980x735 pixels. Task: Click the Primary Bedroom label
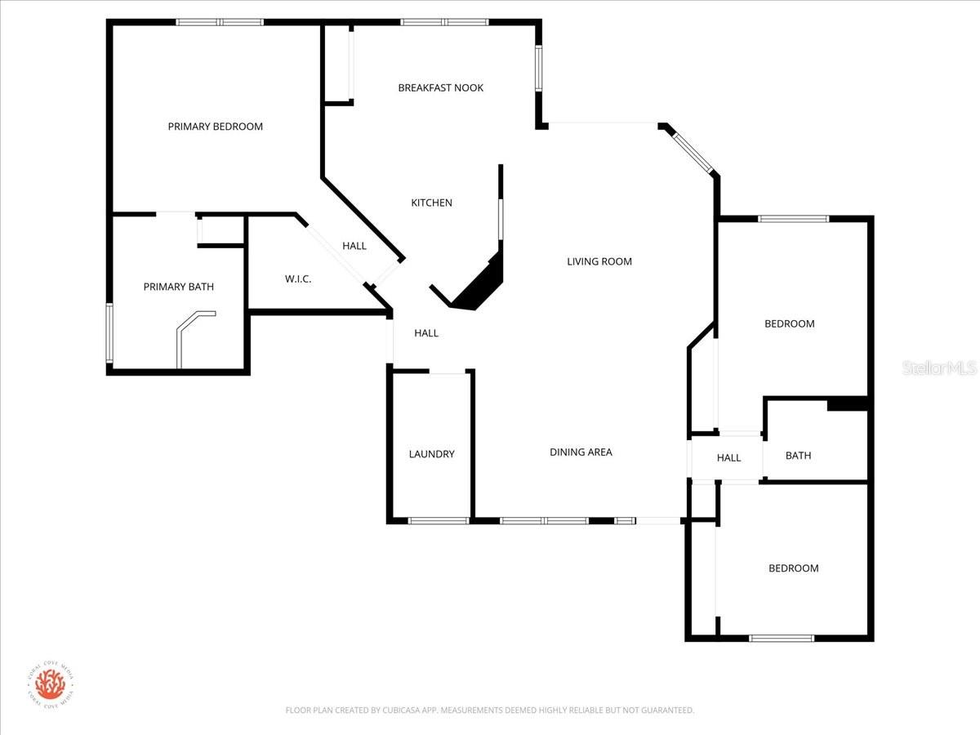[x=216, y=127]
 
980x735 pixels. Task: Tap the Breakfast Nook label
[x=440, y=87]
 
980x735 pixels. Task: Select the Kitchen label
[x=431, y=203]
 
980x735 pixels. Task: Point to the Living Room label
[x=599, y=261]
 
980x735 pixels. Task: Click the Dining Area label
[x=581, y=452]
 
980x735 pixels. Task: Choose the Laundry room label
[x=431, y=454]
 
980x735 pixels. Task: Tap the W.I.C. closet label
[x=298, y=279]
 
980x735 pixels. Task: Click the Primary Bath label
[x=178, y=287]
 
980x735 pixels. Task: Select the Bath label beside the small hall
[x=798, y=456]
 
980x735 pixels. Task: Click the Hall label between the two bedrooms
[x=728, y=457]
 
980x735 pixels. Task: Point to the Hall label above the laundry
[x=426, y=333]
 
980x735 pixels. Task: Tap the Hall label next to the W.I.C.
[x=354, y=246]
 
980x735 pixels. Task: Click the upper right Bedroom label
[x=789, y=323]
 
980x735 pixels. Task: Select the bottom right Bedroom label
[x=793, y=568]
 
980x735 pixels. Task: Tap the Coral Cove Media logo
[x=50, y=684]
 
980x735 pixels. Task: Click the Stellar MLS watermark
[x=939, y=369]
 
